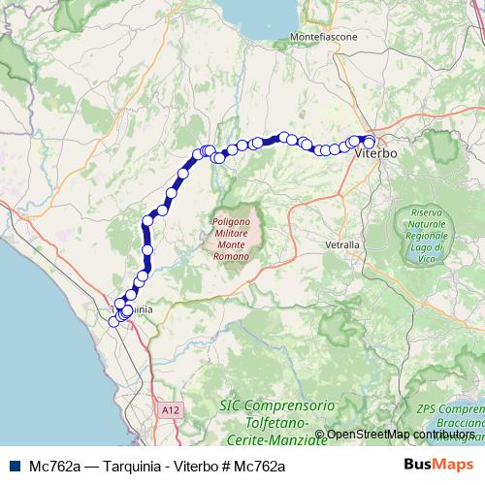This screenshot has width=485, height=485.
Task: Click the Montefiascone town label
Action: click(x=324, y=37)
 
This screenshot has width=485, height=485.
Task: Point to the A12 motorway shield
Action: click(x=172, y=411)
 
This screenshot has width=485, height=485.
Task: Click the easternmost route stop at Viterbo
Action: click(x=369, y=143)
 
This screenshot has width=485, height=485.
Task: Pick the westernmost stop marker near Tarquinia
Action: click(x=113, y=321)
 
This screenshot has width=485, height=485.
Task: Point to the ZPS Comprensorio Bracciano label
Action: click(x=450, y=411)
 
